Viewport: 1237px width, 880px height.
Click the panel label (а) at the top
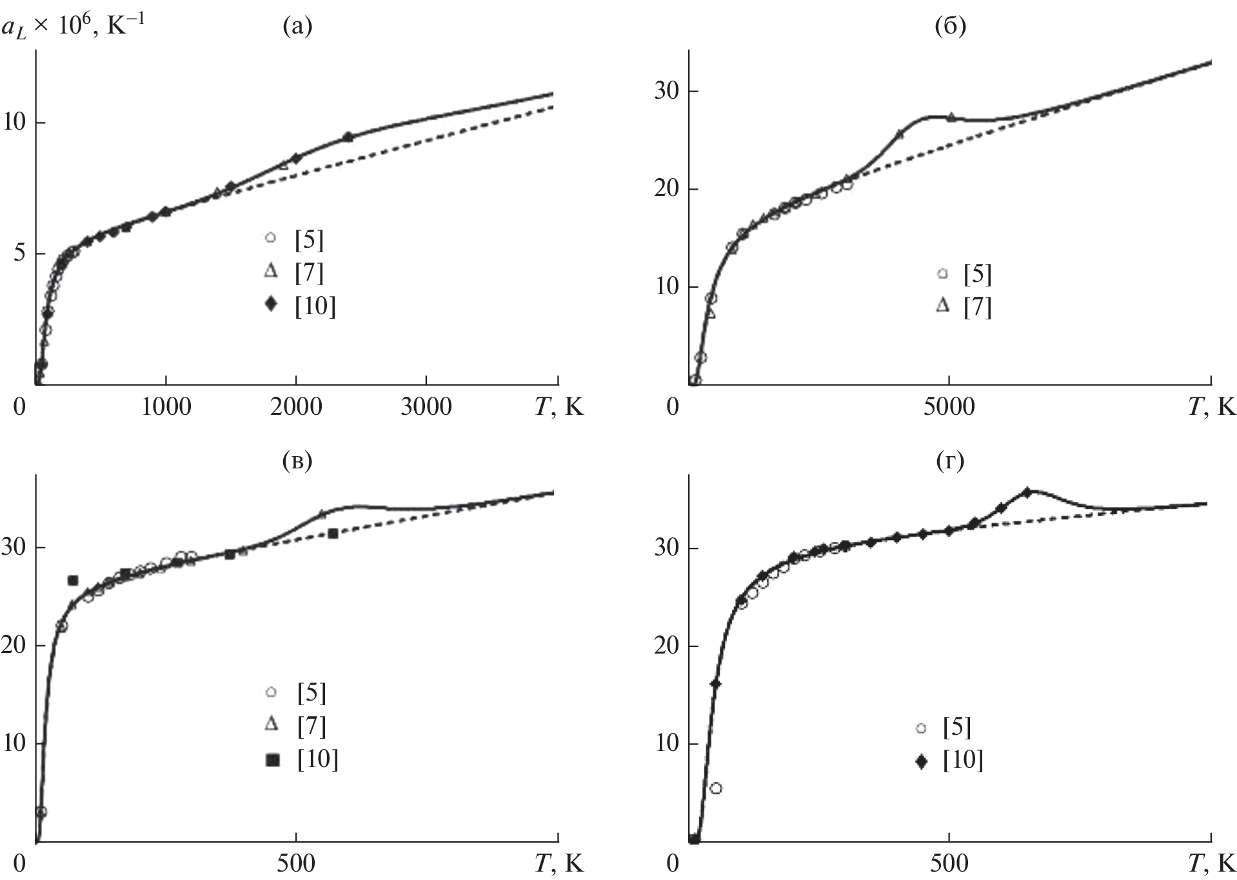point(297,26)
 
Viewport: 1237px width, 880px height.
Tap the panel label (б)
point(950,26)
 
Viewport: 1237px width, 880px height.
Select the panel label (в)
point(297,461)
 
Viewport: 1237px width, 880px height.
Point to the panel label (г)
point(950,461)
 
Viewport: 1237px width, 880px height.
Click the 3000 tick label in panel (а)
point(426,407)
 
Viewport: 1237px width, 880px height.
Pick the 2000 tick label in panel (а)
point(296,407)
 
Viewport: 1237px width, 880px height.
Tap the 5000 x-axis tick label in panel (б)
point(949,407)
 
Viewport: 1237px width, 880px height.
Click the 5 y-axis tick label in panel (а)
point(19,253)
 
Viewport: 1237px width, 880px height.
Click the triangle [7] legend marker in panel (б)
point(942,306)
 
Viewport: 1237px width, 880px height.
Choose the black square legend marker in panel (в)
point(273,761)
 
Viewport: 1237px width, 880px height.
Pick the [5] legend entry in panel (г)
point(956,728)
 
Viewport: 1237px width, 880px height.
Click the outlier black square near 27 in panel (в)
point(73,581)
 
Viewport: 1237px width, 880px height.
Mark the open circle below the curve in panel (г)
point(715,788)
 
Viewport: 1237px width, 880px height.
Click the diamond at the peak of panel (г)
point(1027,492)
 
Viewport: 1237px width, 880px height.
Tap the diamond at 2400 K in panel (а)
point(348,137)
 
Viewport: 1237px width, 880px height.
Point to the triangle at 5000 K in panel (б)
point(951,117)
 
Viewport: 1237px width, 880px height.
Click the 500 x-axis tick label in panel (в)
point(296,863)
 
